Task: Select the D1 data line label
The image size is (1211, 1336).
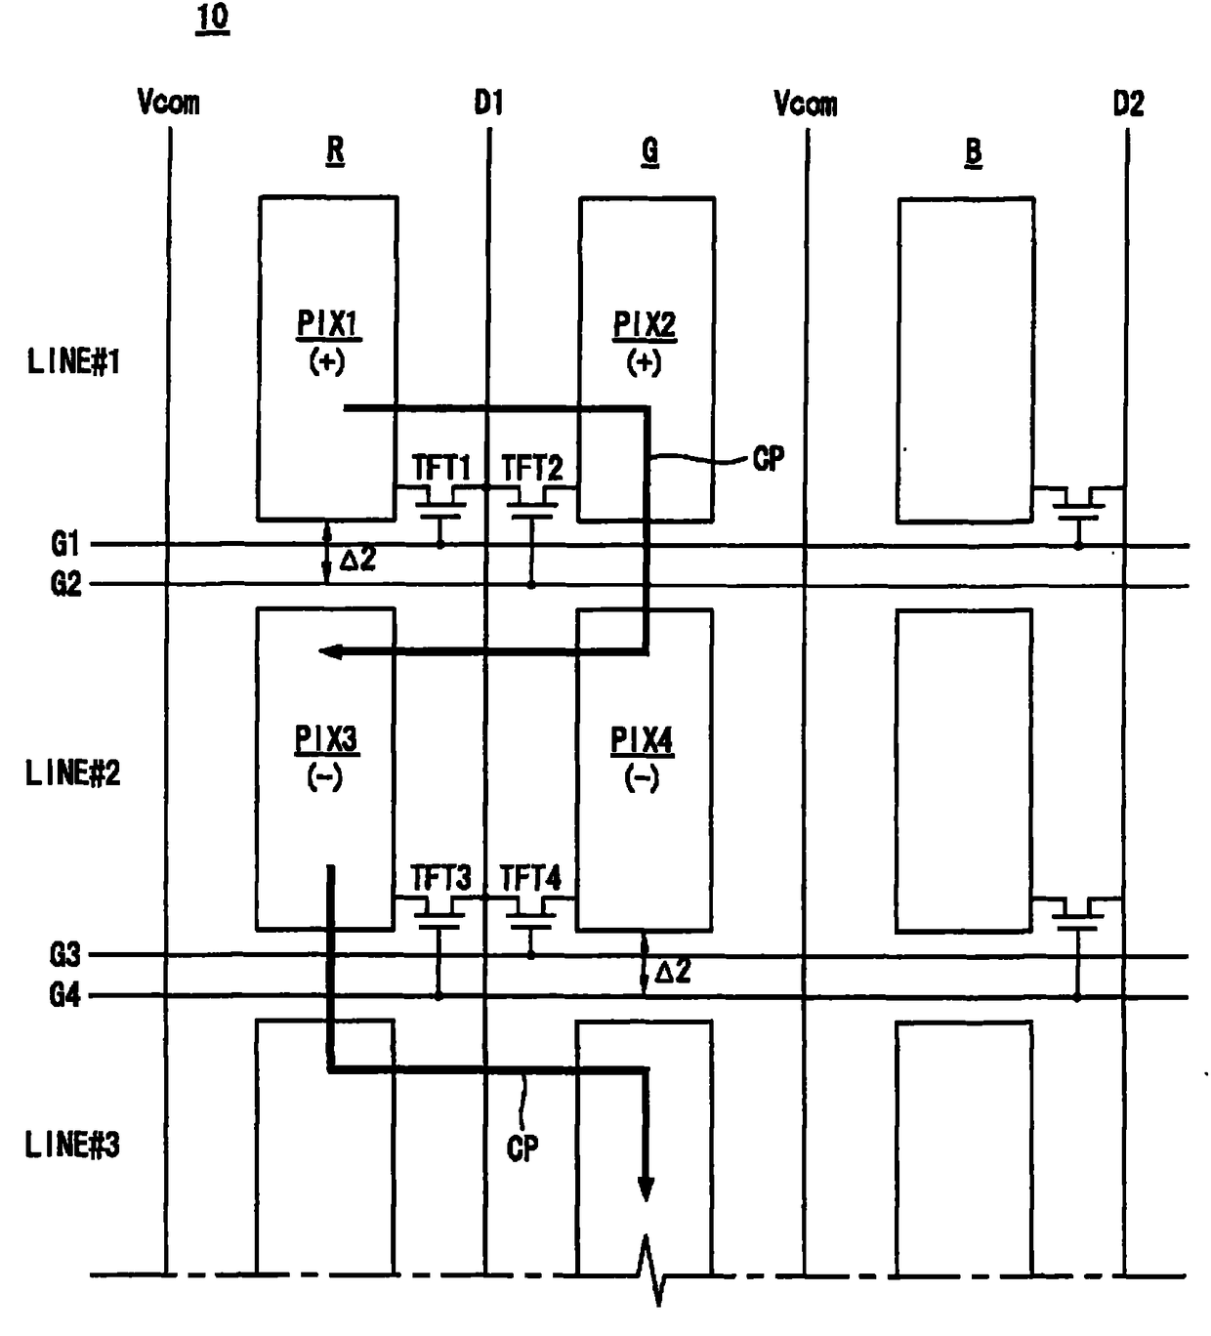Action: coord(488,104)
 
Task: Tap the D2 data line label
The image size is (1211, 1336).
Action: coord(1128,104)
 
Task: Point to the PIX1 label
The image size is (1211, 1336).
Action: coord(328,325)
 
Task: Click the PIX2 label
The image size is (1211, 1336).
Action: coord(645,326)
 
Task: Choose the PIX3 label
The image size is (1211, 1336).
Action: coord(326,740)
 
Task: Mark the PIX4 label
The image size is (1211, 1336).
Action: coord(643,741)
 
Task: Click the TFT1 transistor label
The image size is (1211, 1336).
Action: coord(441,468)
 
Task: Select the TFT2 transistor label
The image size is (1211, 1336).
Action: coord(531,468)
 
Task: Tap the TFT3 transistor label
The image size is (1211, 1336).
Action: coord(440,878)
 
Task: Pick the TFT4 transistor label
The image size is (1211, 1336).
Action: coord(530,878)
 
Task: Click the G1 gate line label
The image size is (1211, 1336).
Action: coord(65,545)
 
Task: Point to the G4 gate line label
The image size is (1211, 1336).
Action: coord(64,996)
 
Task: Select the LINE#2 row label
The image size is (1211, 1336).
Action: coord(72,773)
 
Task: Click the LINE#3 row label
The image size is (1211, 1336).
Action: coord(72,1146)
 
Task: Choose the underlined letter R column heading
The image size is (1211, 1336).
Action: coord(335,151)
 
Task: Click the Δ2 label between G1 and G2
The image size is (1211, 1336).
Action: coord(357,561)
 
